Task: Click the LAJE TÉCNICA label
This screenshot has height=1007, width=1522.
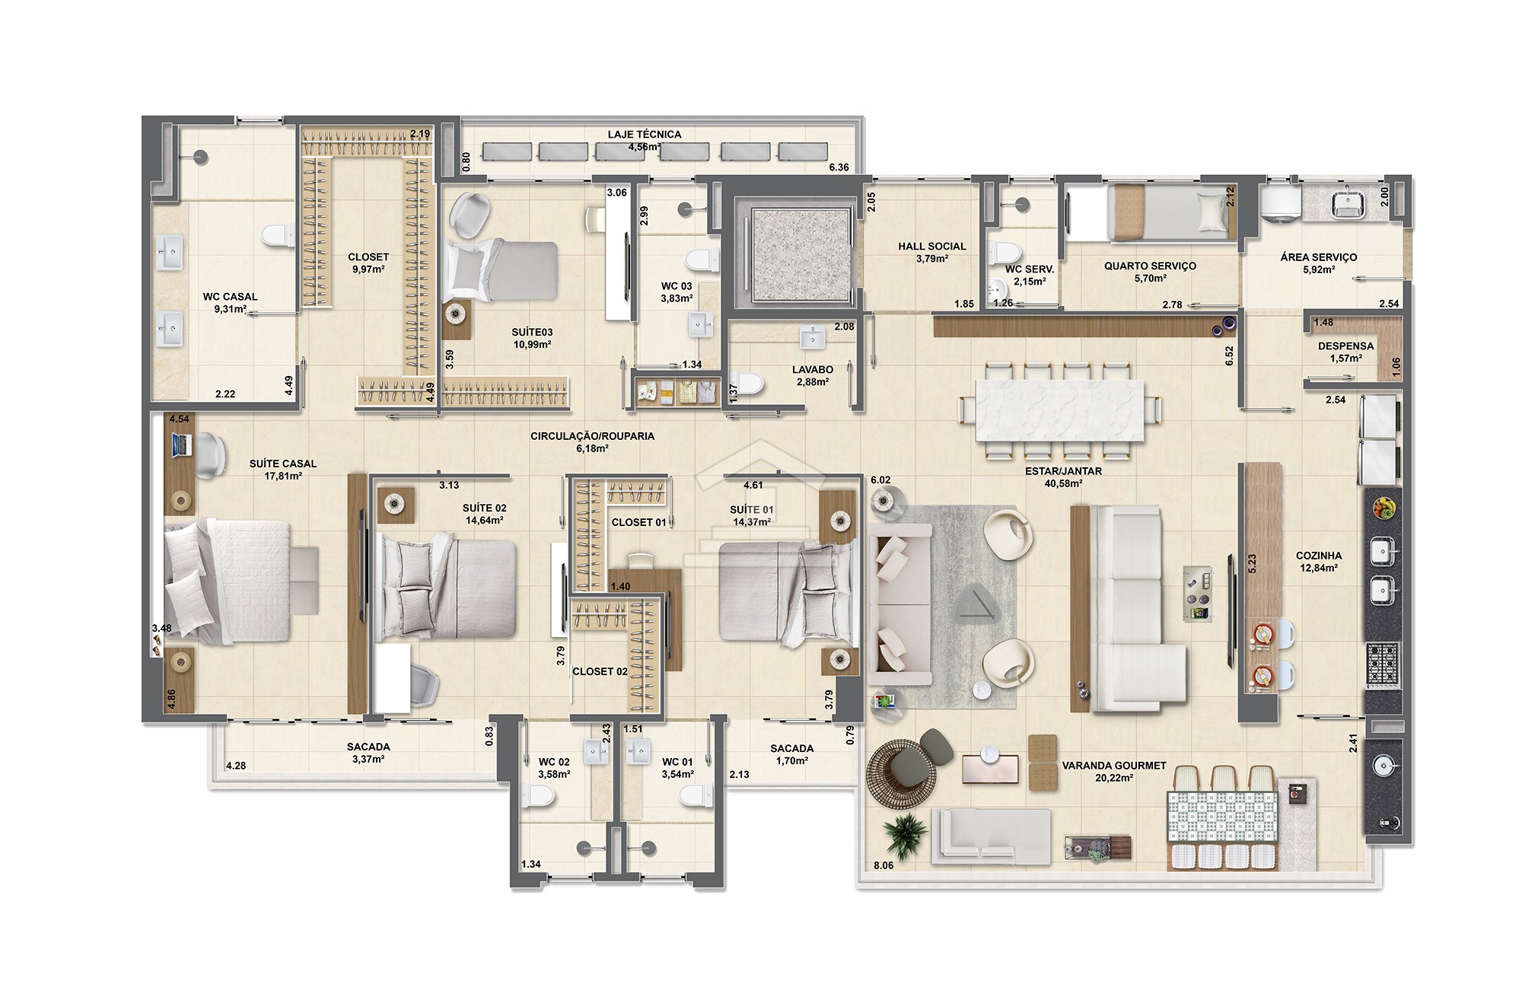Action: pos(644,135)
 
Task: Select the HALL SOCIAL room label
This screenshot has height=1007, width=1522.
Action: pos(931,247)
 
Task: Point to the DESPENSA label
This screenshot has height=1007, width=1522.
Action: pos(1346,346)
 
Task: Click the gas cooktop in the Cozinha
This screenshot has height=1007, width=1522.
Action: pos(1383,665)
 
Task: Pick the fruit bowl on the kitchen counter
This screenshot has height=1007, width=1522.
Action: pos(1383,508)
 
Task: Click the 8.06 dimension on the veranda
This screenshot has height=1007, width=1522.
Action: pos(884,865)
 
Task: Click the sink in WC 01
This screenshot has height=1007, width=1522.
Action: pos(638,752)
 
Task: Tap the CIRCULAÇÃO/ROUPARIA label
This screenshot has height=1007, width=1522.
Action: pos(592,437)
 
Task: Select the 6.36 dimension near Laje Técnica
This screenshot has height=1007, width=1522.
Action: pos(839,167)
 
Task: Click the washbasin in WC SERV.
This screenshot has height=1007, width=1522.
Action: pos(998,291)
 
